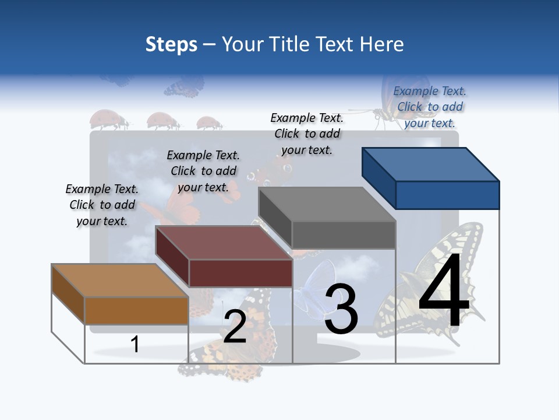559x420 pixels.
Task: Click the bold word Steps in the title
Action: click(x=171, y=44)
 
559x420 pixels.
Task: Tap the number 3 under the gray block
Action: click(x=341, y=309)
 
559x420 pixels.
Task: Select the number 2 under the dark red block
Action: click(x=235, y=327)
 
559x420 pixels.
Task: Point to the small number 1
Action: click(x=135, y=344)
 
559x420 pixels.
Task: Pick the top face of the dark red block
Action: click(x=224, y=243)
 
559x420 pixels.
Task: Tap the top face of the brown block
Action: click(x=120, y=281)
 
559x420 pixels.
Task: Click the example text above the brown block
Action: click(x=102, y=205)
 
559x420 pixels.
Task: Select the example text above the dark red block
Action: click(x=203, y=171)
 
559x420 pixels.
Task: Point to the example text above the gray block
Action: click(x=307, y=134)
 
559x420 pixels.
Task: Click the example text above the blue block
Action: click(x=430, y=107)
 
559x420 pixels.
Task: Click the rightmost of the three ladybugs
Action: click(x=208, y=123)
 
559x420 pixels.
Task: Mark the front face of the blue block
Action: click(x=447, y=195)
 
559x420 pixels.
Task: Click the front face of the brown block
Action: click(x=136, y=310)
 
